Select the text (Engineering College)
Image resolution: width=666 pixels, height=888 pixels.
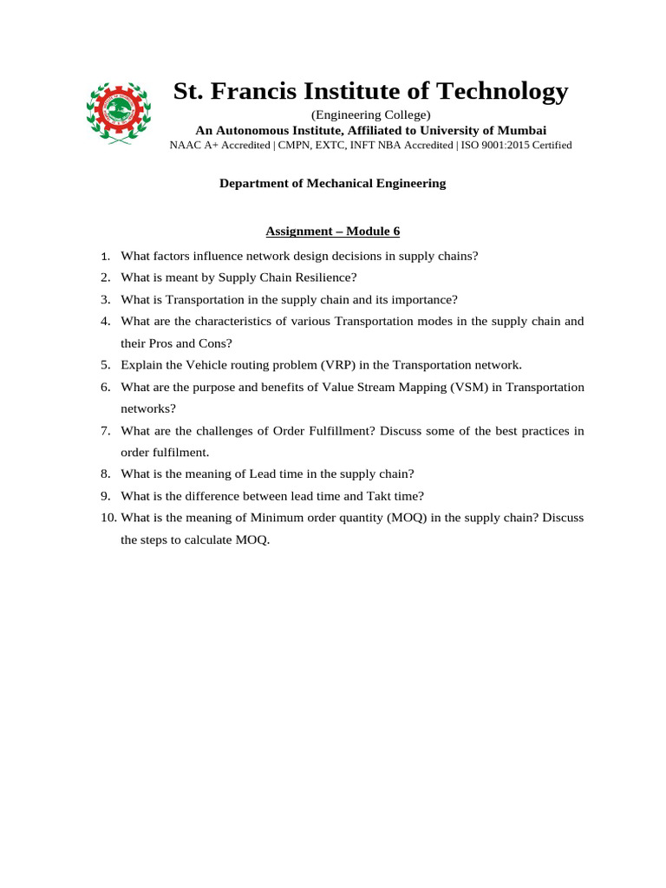coord(370,114)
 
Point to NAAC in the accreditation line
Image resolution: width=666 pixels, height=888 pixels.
coord(184,145)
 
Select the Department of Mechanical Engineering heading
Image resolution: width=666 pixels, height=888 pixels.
coord(332,183)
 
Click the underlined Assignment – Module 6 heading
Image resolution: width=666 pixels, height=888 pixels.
coord(332,232)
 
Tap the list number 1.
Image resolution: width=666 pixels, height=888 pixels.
coord(105,256)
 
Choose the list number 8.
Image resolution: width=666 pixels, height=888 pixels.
coord(105,473)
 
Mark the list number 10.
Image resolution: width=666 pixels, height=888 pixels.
coord(108,518)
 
